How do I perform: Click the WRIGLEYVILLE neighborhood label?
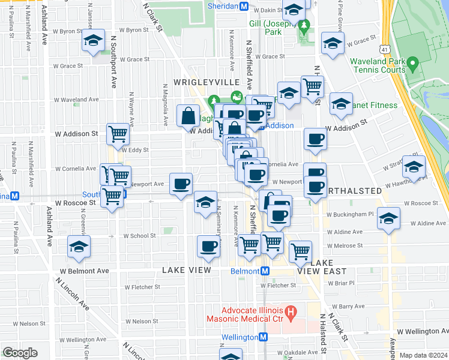click(x=207, y=82)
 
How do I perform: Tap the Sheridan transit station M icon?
click(x=244, y=6)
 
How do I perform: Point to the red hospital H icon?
click(x=291, y=311)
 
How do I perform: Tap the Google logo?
click(x=20, y=353)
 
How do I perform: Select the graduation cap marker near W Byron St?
click(x=93, y=41)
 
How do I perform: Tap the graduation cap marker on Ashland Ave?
click(x=79, y=247)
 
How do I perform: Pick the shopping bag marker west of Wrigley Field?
click(x=188, y=115)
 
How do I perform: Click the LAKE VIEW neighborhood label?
click(x=187, y=271)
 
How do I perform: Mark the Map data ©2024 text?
click(x=423, y=355)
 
